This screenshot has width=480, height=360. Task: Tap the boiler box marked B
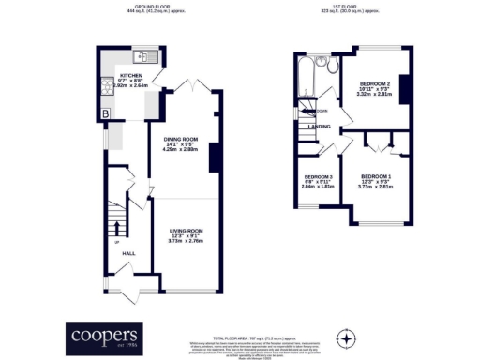106,114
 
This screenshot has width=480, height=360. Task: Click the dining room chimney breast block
214,156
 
